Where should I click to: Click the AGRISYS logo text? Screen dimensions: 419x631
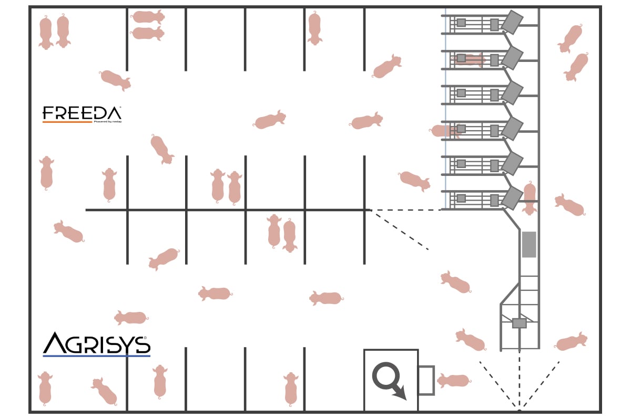tap(97, 343)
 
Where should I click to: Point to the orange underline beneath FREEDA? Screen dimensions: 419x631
tap(67, 122)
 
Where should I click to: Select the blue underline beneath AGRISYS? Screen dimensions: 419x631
tap(96, 356)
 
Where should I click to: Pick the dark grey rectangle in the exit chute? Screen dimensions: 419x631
tap(529, 244)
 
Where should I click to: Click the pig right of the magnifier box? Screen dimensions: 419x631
tap(453, 380)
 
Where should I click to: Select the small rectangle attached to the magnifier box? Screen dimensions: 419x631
tap(426, 380)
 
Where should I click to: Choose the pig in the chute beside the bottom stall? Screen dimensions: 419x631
tap(530, 198)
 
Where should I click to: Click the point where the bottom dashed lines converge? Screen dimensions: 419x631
tap(519, 409)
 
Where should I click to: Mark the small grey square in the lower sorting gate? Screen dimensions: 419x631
tap(519, 323)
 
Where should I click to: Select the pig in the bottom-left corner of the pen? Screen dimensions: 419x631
tap(45, 388)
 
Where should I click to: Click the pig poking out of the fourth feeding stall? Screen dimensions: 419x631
tap(445, 131)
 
